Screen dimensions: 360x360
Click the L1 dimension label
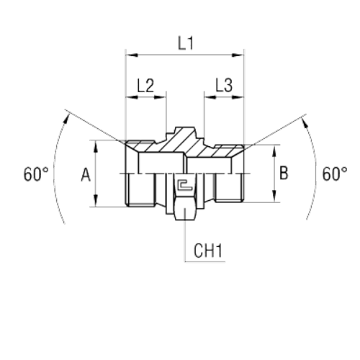point(186,42)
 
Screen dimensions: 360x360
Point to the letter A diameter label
point(86,174)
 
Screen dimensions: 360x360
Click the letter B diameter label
point(284,173)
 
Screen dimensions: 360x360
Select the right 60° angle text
point(335,174)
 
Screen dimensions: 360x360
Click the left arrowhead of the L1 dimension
point(130,54)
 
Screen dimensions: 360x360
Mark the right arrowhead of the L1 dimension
point(240,54)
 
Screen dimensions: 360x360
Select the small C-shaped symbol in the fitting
point(184,185)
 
